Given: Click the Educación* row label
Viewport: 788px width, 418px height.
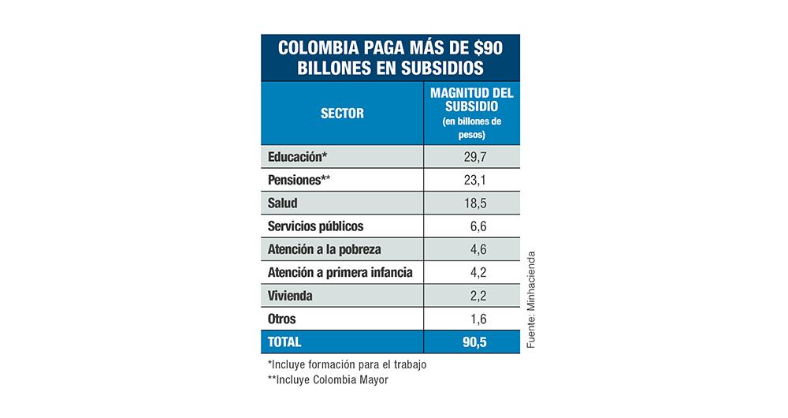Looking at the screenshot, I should click(298, 156).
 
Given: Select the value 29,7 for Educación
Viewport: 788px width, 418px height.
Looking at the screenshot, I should click(474, 156).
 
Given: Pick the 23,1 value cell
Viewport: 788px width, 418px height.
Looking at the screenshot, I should click(474, 180).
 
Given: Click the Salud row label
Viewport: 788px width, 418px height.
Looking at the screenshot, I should click(283, 203).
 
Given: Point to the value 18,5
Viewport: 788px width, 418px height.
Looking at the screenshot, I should click(474, 203).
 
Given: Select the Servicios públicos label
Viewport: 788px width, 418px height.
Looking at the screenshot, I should click(315, 226).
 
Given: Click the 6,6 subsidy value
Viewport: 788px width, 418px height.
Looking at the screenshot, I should click(477, 226).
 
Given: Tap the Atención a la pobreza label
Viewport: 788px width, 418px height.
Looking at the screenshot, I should click(325, 250).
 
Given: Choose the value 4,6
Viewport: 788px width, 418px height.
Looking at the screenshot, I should click(477, 250).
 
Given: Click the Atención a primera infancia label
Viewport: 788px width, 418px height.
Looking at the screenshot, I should click(340, 273).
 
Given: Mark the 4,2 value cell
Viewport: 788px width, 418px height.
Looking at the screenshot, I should click(477, 273).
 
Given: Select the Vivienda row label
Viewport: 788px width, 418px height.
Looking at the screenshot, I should click(290, 297).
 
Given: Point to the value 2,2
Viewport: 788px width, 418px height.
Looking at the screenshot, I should click(477, 297).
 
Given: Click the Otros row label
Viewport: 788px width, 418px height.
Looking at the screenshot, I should click(282, 319).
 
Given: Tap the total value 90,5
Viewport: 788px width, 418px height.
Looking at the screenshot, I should click(474, 342).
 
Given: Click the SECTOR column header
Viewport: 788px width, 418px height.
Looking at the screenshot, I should click(342, 113).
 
